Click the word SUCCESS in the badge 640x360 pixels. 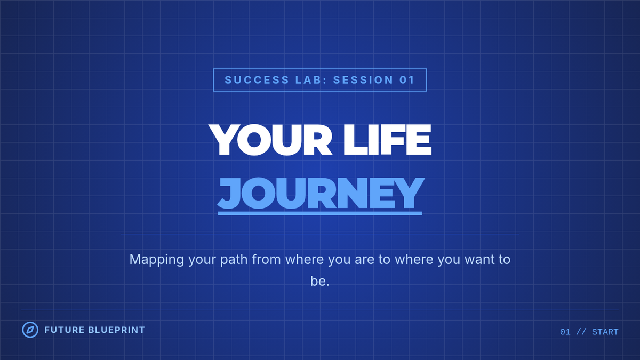pyautogui.click(x=257, y=80)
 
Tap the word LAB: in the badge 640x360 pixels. pyautogui.click(x=311, y=80)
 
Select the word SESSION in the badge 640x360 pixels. pyautogui.click(x=363, y=80)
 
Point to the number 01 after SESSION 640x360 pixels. pyautogui.click(x=407, y=80)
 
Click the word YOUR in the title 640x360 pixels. pyautogui.click(x=270, y=140)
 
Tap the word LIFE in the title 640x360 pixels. pyautogui.click(x=387, y=140)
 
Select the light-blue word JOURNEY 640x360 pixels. pyautogui.click(x=320, y=193)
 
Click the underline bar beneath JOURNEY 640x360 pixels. pyautogui.click(x=320, y=213)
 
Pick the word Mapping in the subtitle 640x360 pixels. pyautogui.click(x=157, y=260)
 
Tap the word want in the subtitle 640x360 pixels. pyautogui.click(x=478, y=259)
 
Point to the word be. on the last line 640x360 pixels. pyautogui.click(x=320, y=281)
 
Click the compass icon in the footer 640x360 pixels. pyautogui.click(x=30, y=330)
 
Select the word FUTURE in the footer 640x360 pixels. pyautogui.click(x=65, y=330)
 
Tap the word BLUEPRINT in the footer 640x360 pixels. pyautogui.click(x=117, y=330)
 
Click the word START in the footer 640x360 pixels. pyautogui.click(x=605, y=332)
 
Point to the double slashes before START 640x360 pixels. pyautogui.click(x=581, y=332)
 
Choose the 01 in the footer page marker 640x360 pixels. pyautogui.click(x=565, y=332)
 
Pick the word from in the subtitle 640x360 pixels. pyautogui.click(x=266, y=259)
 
